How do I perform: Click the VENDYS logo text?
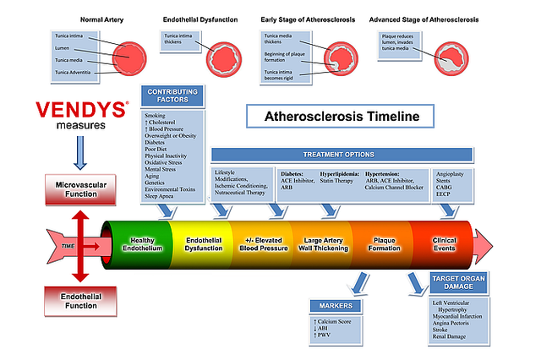pos(82,109)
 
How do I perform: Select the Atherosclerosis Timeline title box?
pos(331,116)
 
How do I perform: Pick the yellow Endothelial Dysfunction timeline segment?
pos(202,244)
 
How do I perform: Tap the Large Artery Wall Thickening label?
pos(319,244)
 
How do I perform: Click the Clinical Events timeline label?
pos(443,244)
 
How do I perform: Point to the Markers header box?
pos(335,305)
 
